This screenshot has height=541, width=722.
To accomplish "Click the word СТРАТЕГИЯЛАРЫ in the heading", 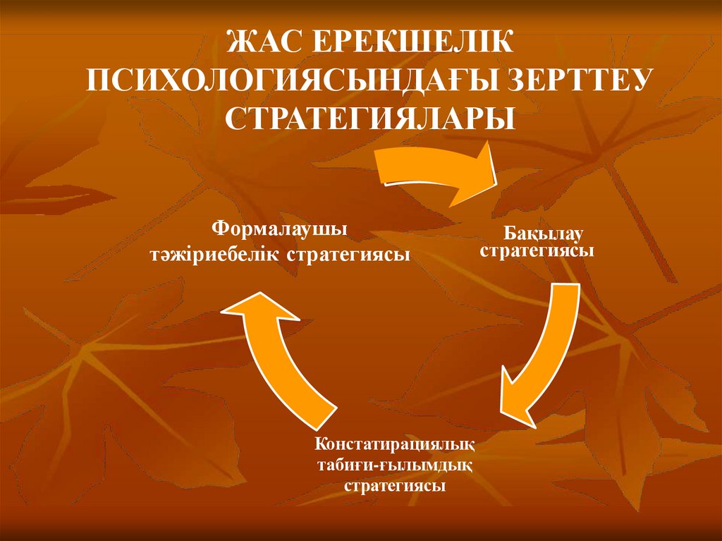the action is pos(370,117).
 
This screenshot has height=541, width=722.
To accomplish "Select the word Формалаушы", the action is pos(279,229).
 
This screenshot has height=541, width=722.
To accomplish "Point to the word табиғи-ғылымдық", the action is pos(394,466).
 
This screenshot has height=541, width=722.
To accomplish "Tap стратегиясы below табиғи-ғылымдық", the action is pos(394,486).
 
